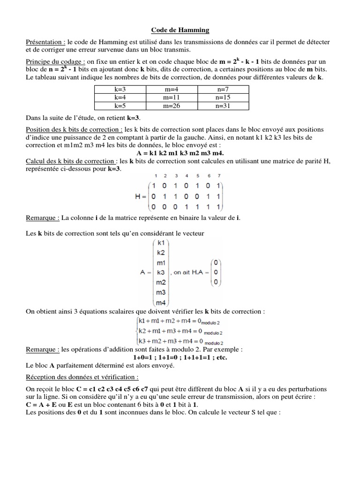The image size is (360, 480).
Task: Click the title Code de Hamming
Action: (180, 30)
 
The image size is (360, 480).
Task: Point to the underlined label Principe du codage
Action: (55, 62)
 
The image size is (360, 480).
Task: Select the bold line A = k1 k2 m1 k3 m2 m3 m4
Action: (180, 153)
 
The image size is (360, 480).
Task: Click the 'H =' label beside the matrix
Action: (141, 196)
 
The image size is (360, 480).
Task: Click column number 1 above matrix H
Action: (155, 176)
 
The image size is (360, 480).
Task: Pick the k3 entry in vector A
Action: (161, 272)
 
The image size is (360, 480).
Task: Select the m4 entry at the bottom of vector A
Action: (161, 302)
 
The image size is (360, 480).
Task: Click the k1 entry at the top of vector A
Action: (161, 243)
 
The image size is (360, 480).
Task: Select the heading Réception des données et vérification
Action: (82, 377)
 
